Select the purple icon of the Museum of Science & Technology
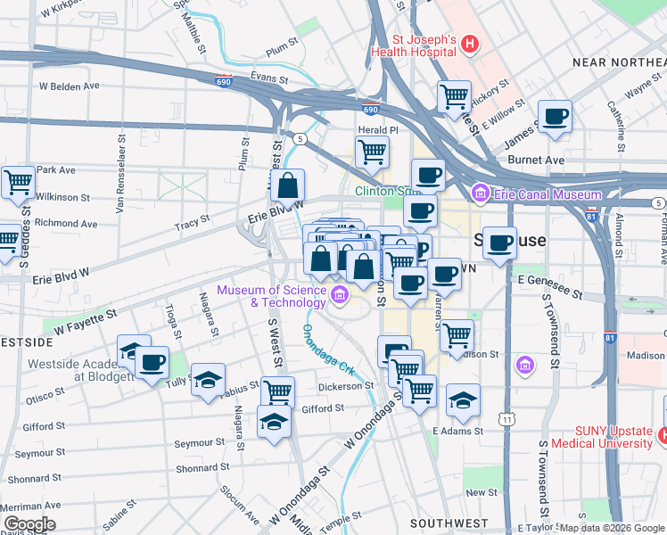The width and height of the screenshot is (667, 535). point(340,294)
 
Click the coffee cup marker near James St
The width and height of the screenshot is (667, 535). point(555,117)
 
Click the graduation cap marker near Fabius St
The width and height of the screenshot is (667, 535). point(208,381)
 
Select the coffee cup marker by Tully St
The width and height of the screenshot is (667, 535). point(152,363)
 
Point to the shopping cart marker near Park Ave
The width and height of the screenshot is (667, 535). point(18,183)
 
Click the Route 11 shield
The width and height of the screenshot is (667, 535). point(506,418)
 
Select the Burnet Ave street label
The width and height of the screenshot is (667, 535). point(536,160)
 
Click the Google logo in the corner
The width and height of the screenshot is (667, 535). point(29,524)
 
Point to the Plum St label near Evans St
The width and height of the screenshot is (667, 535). point(281,45)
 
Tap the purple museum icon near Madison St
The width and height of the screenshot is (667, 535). point(525,365)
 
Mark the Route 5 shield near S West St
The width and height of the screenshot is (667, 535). point(301,139)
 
